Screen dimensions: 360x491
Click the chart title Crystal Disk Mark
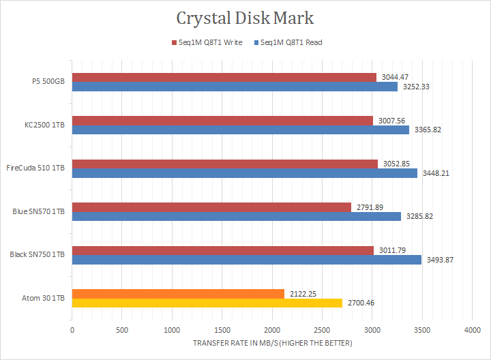pyautogui.click(x=245, y=16)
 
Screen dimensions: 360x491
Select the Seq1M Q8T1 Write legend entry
pyautogui.click(x=209, y=42)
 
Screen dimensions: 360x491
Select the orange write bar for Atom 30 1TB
pyautogui.click(x=177, y=294)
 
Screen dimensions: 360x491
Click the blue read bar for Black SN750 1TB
pyautogui.click(x=246, y=259)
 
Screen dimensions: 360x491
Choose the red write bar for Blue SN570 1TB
pyautogui.click(x=211, y=207)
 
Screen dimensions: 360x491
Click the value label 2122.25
pyautogui.click(x=303, y=293)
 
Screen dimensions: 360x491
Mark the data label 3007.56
pyautogui.click(x=391, y=121)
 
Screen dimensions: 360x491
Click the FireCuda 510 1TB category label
pyautogui.click(x=35, y=168)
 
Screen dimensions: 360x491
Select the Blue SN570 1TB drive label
pyautogui.click(x=38, y=211)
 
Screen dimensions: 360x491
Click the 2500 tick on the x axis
pyautogui.click(x=322, y=330)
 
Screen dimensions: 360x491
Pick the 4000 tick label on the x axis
pyautogui.click(x=472, y=330)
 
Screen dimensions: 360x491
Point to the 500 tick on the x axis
pyautogui.click(x=122, y=330)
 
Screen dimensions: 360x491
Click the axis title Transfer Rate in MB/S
pyautogui.click(x=273, y=343)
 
